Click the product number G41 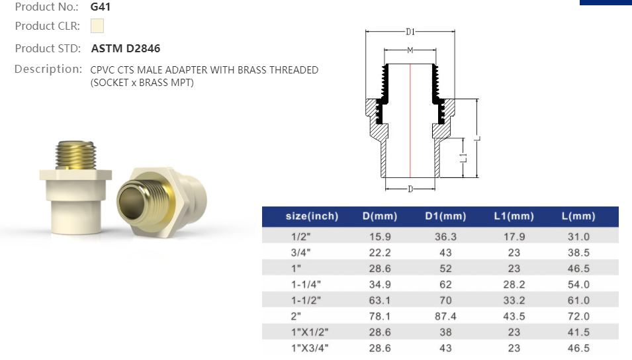click(101, 7)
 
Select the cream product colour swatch click(97, 26)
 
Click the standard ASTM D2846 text click(126, 48)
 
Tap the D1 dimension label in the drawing click(410, 31)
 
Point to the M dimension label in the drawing click(410, 50)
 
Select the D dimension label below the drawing click(410, 189)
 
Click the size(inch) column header click(312, 216)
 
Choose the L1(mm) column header click(514, 216)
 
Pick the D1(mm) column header click(445, 216)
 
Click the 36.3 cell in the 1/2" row click(445, 236)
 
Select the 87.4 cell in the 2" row click(445, 316)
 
